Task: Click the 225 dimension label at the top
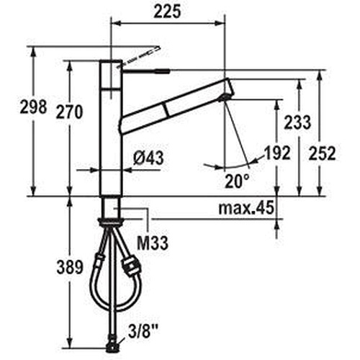(167, 12)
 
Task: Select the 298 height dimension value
(33, 107)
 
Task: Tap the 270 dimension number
(69, 112)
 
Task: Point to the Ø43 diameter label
(148, 158)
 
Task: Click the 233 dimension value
(297, 122)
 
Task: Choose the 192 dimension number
(277, 153)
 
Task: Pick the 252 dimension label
(322, 153)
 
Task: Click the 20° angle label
(237, 181)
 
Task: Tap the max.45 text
(246, 208)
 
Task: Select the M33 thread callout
(153, 243)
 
